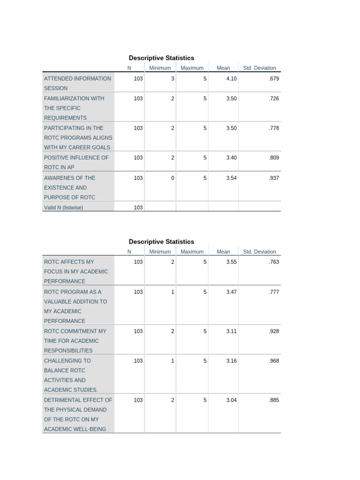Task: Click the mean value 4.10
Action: point(231,79)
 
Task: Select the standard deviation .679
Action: point(274,79)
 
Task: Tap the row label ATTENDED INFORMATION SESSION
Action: point(78,83)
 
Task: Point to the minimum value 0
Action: point(172,178)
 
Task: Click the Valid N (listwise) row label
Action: point(63,208)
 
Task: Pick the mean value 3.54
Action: point(231,178)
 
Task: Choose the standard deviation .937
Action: point(274,178)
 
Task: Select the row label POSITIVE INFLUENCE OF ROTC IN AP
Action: point(76,162)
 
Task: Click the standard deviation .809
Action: point(274,157)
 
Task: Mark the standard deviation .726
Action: point(274,98)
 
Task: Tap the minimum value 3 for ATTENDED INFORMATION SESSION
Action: point(172,79)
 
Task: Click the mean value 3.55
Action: point(231,262)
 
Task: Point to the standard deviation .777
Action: point(274,292)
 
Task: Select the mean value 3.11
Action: point(231,331)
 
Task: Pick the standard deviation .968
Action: point(274,361)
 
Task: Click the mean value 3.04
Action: point(231,400)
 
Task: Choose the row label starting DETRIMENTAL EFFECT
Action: point(78,414)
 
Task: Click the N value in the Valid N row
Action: point(138,208)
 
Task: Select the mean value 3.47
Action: point(231,292)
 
